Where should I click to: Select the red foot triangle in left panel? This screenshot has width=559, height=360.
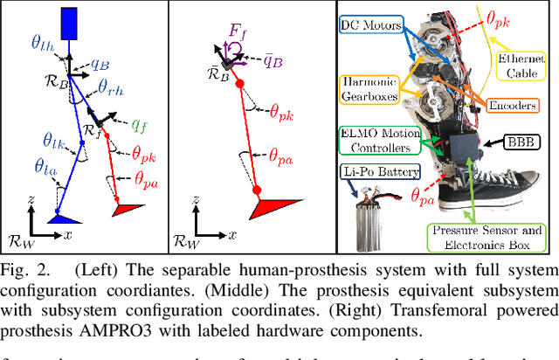point(128,210)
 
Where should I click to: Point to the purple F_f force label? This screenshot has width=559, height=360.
point(236,38)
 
